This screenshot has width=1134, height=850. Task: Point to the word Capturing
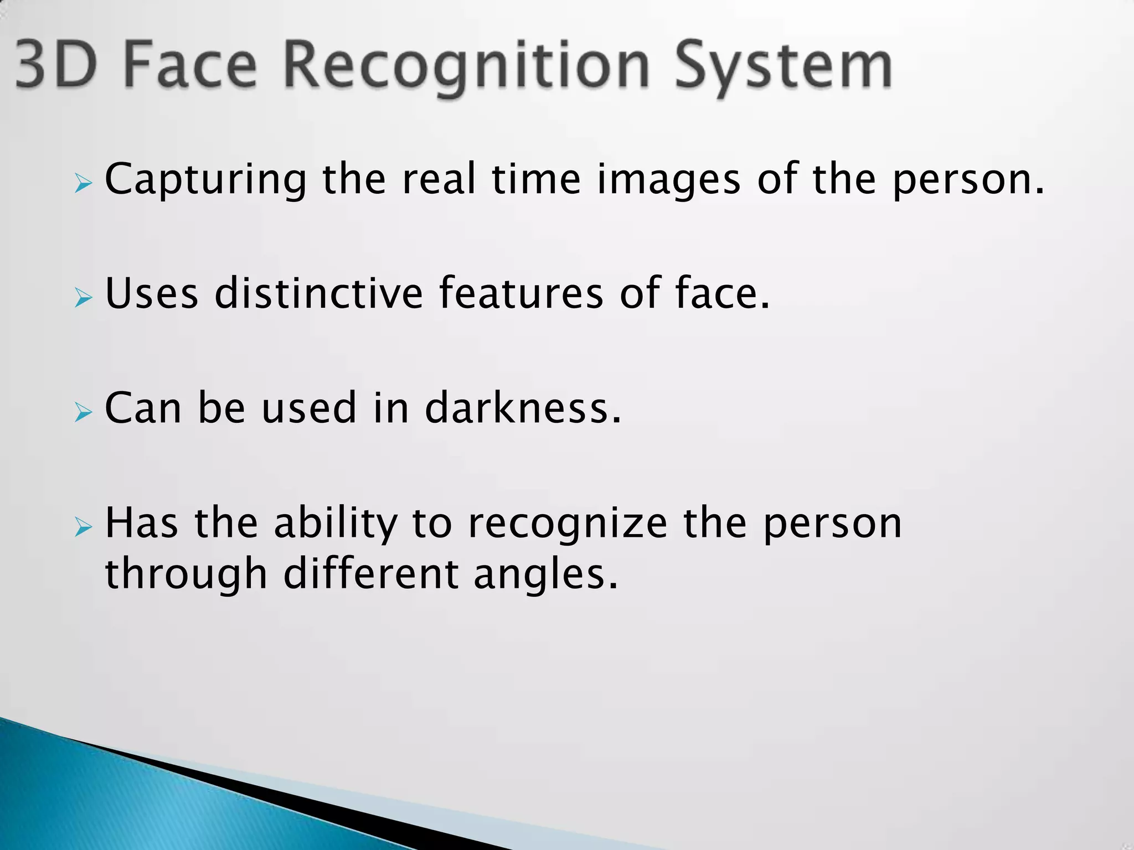tap(205, 180)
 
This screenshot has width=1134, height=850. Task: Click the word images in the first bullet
tap(668, 180)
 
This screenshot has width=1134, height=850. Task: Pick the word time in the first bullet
tap(536, 179)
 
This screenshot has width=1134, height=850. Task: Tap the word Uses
tap(152, 293)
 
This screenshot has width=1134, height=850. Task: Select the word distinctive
tap(319, 293)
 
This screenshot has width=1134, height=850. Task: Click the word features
tap(521, 293)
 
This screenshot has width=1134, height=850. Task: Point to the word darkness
tap(523, 408)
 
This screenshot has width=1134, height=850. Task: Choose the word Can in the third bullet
tap(143, 408)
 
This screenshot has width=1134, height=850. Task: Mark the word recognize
tap(568, 524)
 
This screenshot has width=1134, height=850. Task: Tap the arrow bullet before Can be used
tap(83, 412)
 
